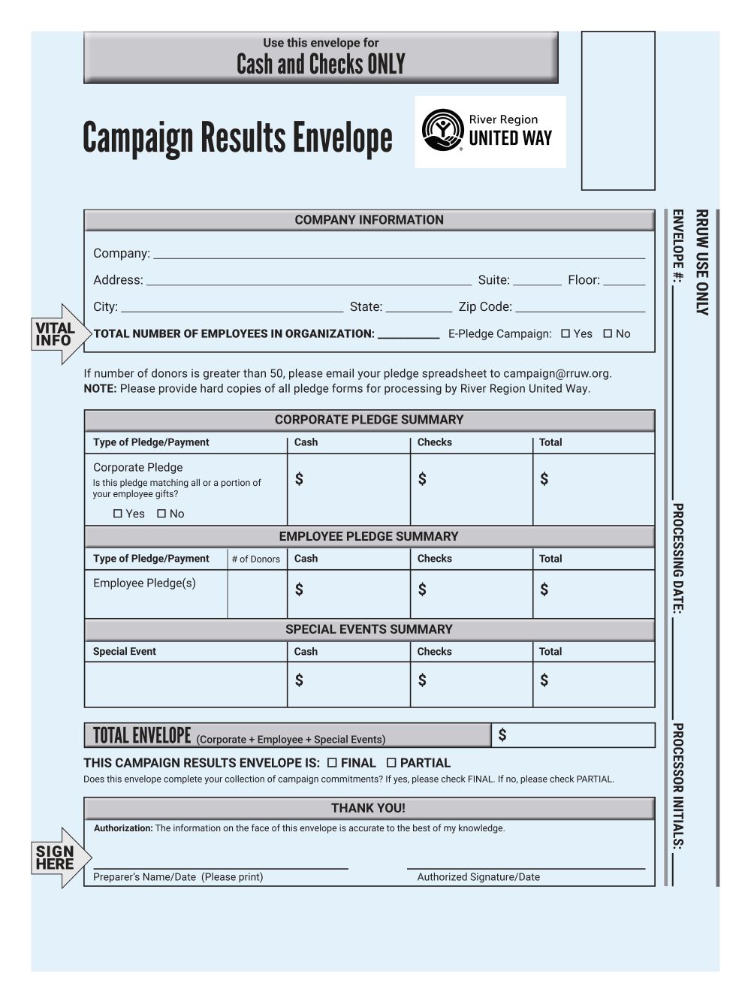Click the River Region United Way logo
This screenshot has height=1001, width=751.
pos(490,131)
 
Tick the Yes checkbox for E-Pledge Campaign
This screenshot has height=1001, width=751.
pos(566,333)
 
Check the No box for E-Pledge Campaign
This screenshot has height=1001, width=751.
pos(608,333)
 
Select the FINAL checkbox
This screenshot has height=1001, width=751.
pos(332,763)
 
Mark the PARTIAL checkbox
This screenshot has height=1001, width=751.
pos(391,763)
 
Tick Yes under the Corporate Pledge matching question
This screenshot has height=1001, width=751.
pos(117,514)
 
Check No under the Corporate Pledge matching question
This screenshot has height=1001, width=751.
pos(161,514)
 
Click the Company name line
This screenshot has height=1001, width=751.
pos(398,254)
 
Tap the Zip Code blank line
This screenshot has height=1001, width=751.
pos(580,306)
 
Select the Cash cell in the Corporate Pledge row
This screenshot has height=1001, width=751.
pos(348,489)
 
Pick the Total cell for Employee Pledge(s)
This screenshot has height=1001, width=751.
pos(593,593)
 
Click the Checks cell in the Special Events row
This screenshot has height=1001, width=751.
pos(471,684)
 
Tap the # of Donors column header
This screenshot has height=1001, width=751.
pos(256,559)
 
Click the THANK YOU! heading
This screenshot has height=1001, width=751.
pos(368,808)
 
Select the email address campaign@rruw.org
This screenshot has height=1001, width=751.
pos(556,373)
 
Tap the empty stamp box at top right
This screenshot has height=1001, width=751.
pos(618,110)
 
